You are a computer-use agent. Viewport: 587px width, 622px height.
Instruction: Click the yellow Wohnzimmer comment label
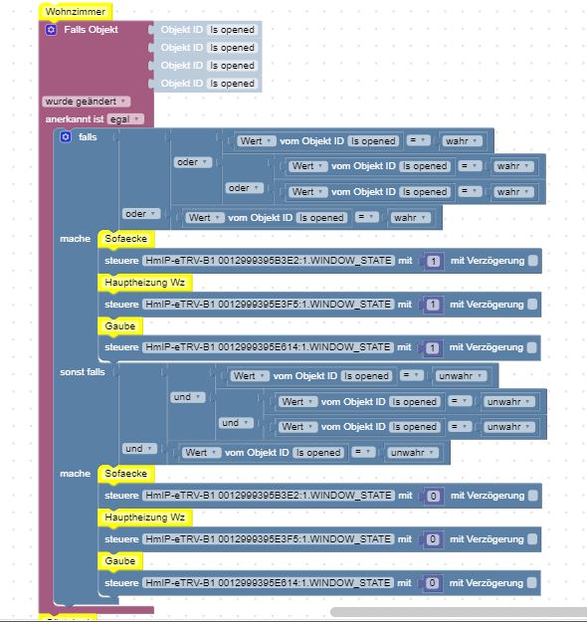(76, 12)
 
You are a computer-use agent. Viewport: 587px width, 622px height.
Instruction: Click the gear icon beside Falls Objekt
(51, 30)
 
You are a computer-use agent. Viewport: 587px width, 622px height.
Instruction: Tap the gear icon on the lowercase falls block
(66, 137)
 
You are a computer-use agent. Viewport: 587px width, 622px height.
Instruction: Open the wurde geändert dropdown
(86, 102)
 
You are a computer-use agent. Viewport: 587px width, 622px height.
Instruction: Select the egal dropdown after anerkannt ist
(125, 119)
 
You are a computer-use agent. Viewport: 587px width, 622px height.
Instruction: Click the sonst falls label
(83, 372)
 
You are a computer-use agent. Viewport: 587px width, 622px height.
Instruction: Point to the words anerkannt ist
(75, 119)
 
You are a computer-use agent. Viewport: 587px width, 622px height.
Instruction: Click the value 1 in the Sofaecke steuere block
(434, 261)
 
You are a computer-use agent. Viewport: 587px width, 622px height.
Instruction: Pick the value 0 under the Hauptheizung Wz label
(433, 539)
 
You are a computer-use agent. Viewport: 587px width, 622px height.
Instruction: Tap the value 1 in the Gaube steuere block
(433, 348)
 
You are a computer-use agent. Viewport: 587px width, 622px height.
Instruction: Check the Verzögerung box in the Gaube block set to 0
(532, 583)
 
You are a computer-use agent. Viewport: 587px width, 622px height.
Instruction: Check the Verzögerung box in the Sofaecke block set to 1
(533, 261)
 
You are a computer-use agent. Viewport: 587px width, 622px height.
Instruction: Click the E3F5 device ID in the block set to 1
(268, 305)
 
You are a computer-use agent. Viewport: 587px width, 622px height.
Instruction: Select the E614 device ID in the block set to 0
(268, 583)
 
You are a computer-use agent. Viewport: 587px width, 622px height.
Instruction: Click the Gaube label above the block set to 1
(120, 326)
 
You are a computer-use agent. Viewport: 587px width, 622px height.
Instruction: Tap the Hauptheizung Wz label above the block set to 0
(145, 518)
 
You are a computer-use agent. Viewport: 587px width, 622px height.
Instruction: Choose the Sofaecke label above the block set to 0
(125, 474)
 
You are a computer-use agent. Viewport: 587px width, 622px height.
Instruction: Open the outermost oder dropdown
(141, 214)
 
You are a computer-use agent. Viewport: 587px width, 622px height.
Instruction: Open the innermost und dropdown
(236, 423)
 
